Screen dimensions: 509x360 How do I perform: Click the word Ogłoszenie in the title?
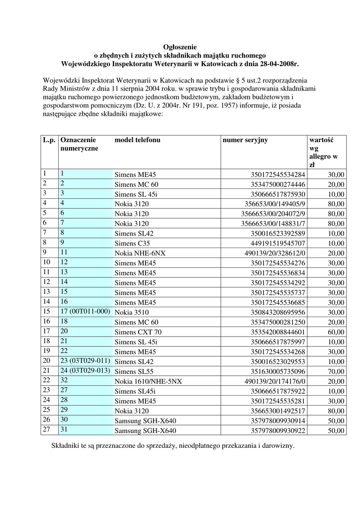(x=180, y=46)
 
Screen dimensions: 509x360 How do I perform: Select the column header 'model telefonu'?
(x=137, y=140)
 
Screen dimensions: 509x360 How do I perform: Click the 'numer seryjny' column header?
(x=245, y=140)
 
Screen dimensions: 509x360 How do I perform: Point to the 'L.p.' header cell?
(x=49, y=140)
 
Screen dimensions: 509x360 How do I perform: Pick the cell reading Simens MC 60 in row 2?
(x=137, y=184)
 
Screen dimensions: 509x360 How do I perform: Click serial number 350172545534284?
(x=277, y=175)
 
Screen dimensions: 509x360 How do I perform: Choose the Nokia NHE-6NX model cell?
(x=140, y=254)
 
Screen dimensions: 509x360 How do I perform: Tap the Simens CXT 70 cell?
(x=138, y=332)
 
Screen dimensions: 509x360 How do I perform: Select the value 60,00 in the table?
(x=336, y=332)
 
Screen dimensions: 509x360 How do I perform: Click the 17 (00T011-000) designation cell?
(x=85, y=312)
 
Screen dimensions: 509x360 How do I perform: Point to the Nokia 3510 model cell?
(x=132, y=313)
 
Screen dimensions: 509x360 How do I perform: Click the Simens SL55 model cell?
(x=134, y=371)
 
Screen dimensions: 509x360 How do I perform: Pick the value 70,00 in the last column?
(x=336, y=371)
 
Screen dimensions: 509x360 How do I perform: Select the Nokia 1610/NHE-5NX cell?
(x=148, y=381)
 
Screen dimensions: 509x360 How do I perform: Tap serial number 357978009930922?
(x=277, y=430)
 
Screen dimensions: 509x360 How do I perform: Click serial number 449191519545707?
(x=277, y=244)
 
